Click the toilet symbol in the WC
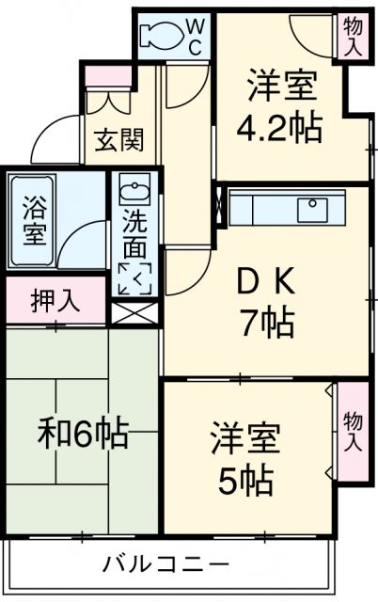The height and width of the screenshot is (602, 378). click(x=160, y=35)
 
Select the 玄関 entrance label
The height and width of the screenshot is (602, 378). click(x=118, y=141)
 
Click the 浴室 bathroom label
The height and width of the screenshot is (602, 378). click(x=32, y=220)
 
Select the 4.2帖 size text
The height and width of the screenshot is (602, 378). click(x=280, y=127)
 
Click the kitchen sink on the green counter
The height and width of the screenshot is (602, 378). click(x=310, y=206)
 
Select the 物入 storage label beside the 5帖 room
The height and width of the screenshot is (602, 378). click(x=353, y=430)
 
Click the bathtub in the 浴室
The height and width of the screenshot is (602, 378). click(x=32, y=221)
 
